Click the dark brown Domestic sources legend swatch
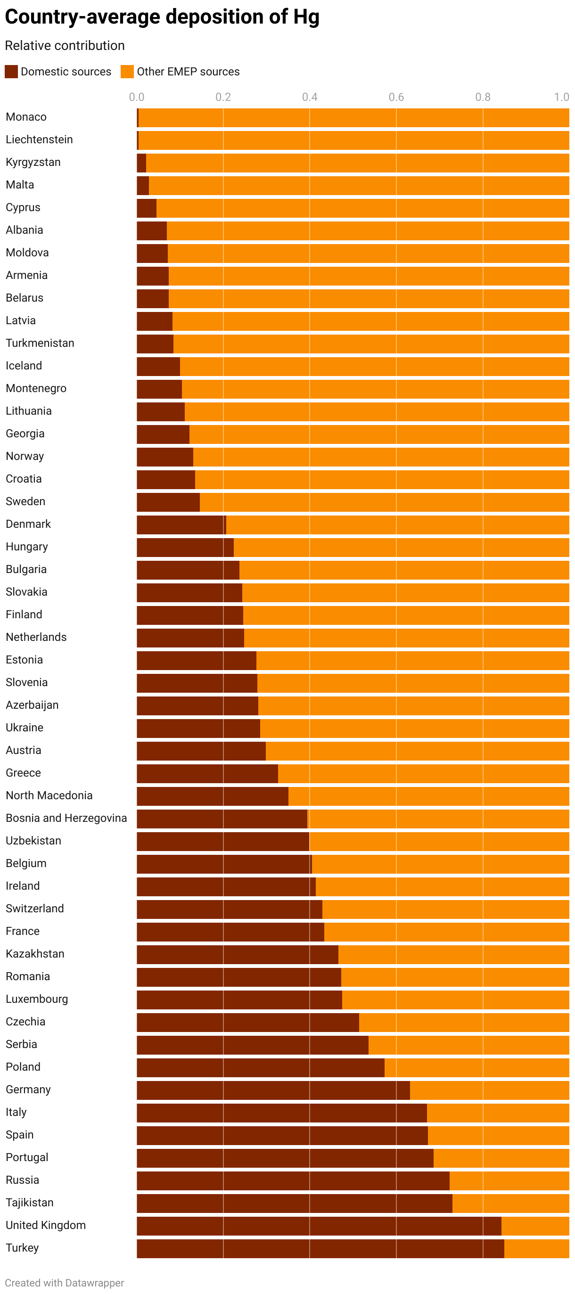(x=11, y=71)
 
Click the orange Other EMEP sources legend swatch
(x=127, y=71)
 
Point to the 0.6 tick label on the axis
(x=396, y=97)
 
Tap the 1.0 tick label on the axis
(x=561, y=97)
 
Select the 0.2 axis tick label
(x=223, y=97)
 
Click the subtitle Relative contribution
(x=65, y=46)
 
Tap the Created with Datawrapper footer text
(x=65, y=1282)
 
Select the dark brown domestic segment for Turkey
(x=320, y=1248)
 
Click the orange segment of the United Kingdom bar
(x=535, y=1226)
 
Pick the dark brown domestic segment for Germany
(x=273, y=1090)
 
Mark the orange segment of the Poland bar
(x=476, y=1067)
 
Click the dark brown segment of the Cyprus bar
(x=146, y=208)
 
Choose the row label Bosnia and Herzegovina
(x=66, y=819)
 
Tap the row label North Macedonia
(x=49, y=796)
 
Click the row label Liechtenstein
(x=39, y=139)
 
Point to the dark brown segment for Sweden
(x=168, y=502)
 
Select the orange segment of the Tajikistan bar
(x=510, y=1203)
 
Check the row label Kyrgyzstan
(x=33, y=162)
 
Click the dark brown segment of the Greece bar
(x=207, y=774)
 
